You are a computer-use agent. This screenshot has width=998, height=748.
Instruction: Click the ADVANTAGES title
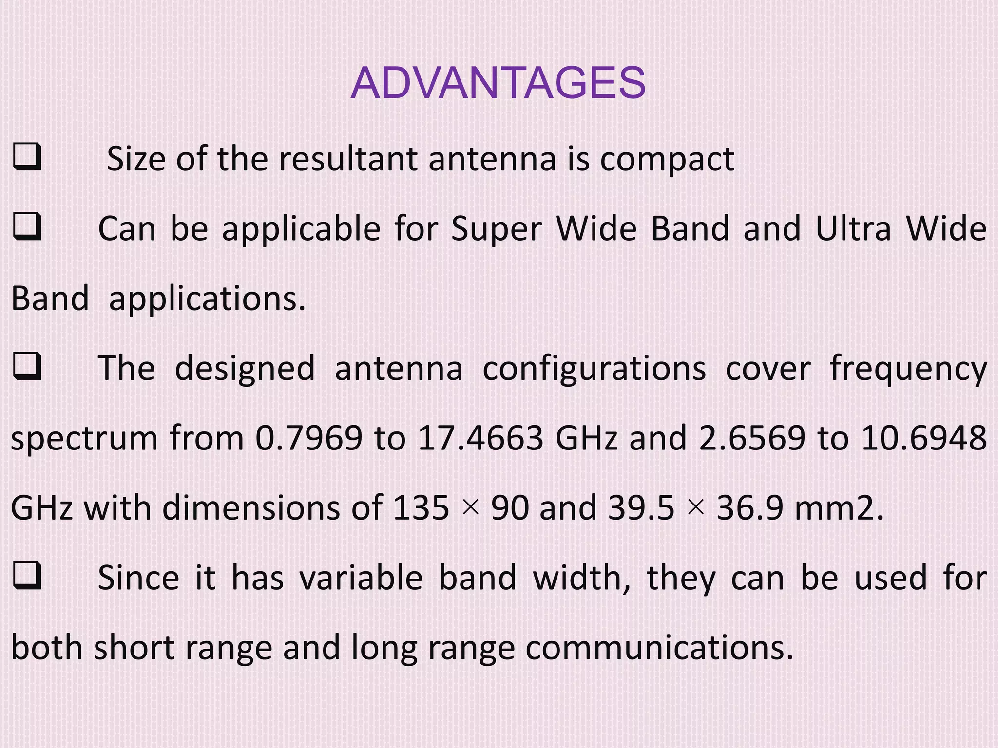pos(498,83)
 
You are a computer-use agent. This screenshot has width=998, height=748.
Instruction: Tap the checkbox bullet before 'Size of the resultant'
pos(27,157)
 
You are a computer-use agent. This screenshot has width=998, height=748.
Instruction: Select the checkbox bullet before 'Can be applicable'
pos(27,226)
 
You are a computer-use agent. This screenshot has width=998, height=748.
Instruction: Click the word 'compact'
pos(667,160)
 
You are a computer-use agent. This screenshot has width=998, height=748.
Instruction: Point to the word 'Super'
pos(496,229)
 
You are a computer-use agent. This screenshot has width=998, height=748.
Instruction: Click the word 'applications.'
pos(207,299)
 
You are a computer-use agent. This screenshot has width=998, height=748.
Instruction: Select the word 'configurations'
pos(594,369)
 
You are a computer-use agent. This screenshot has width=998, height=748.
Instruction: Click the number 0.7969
pos(309,438)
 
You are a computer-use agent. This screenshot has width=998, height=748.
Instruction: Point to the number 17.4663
pos(480,438)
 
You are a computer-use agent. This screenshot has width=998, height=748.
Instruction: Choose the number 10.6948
pos(923,438)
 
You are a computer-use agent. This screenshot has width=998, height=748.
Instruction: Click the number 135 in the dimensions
pos(421,508)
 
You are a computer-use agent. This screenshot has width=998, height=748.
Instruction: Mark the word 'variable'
pos(361,578)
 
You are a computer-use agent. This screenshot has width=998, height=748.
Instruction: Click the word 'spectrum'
pos(84,439)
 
